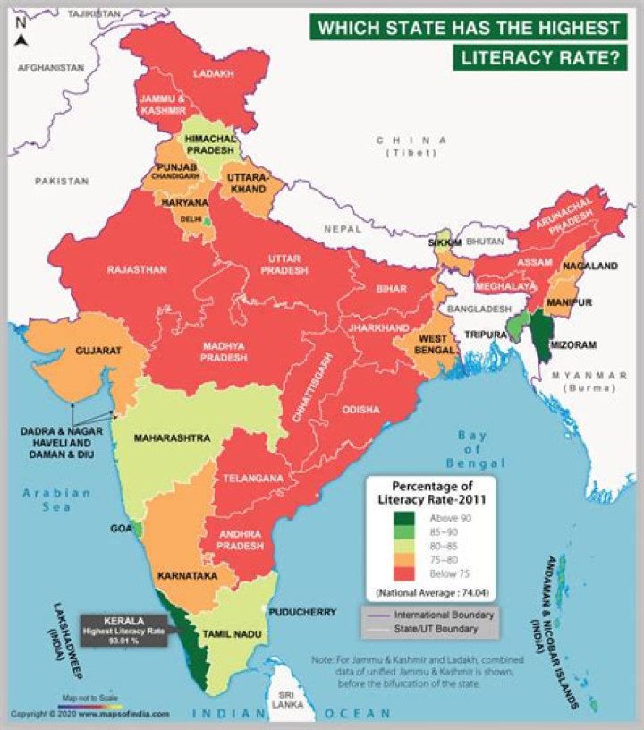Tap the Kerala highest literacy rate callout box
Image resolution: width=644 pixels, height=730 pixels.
pyautogui.click(x=124, y=630)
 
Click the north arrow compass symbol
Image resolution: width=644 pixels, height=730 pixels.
pyautogui.click(x=21, y=34)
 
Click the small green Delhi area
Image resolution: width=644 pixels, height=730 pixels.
pyautogui.click(x=208, y=220)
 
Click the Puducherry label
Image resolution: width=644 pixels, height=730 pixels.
pyautogui.click(x=306, y=613)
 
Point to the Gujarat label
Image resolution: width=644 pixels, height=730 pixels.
pyautogui.click(x=97, y=352)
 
